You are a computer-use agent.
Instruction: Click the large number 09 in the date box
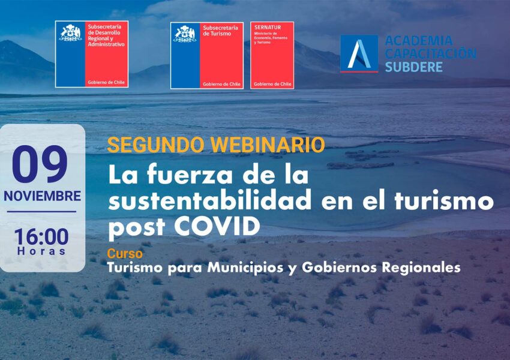40,164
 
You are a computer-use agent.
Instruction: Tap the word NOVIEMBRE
42,196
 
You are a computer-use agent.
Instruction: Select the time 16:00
41,237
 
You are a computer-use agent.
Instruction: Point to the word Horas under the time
41,251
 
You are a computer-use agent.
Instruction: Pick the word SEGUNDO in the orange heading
156,145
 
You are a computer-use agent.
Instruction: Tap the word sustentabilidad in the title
210,200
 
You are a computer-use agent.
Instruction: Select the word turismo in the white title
444,200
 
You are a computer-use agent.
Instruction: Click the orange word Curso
125,253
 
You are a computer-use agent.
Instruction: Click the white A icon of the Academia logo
359,53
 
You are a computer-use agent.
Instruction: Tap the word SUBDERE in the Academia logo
414,67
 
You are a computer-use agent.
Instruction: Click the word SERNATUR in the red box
268,28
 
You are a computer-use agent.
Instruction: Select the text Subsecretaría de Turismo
220,31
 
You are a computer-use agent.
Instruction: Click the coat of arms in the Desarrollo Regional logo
70,33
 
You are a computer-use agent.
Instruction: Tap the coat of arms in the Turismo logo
185,34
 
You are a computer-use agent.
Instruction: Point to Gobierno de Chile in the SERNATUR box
272,84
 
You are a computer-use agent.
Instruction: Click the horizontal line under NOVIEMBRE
41,212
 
